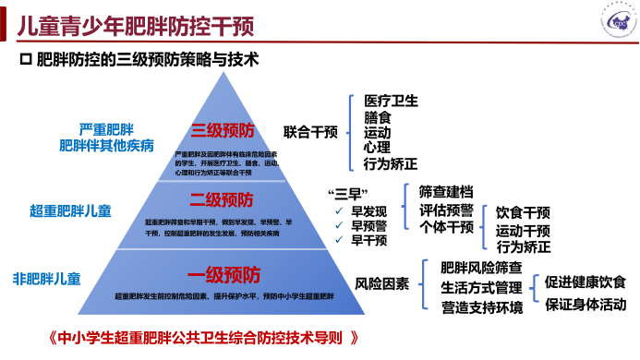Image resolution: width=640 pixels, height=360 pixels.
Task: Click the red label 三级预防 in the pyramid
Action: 223,130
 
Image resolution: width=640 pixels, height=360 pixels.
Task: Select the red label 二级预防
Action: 223,199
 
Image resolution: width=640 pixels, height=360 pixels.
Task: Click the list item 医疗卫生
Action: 391,101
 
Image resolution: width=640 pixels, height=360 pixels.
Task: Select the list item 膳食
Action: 377,116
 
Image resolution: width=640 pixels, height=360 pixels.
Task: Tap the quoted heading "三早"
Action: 343,193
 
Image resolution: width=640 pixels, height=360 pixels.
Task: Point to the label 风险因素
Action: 381,282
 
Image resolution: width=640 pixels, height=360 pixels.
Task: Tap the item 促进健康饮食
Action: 585,282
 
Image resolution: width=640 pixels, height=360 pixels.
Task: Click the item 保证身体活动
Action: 585,304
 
